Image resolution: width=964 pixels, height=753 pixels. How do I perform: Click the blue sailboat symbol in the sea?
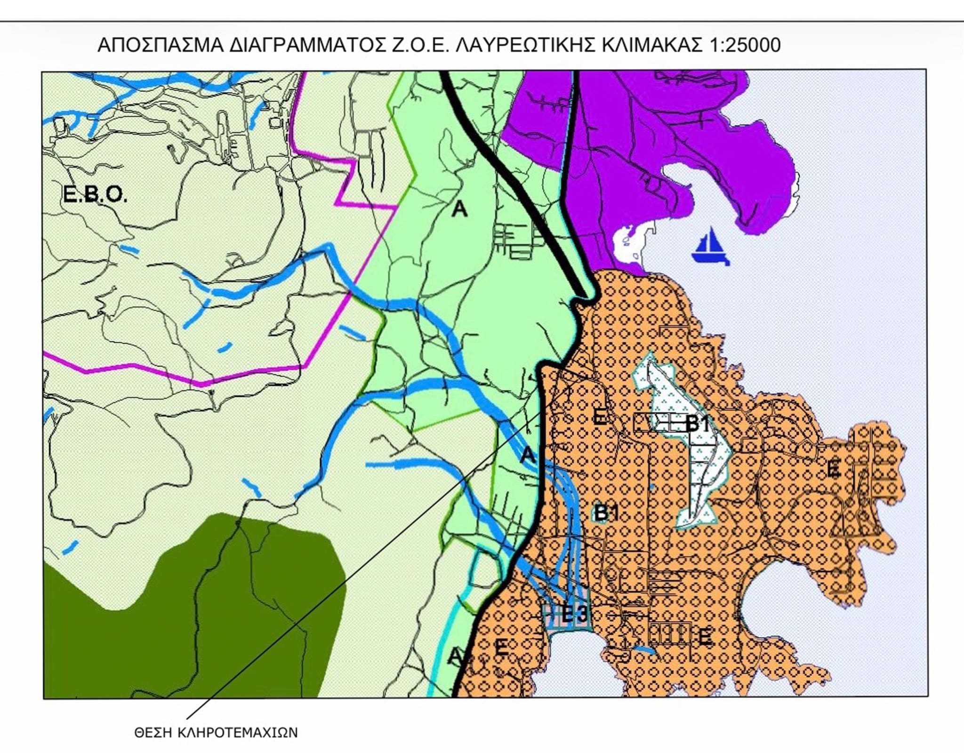point(710,248)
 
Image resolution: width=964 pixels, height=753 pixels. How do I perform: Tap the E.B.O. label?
point(95,194)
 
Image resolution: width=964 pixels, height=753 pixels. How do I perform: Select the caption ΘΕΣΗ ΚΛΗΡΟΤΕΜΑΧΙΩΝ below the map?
point(216,733)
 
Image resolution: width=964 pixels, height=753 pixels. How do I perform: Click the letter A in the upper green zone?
point(459,209)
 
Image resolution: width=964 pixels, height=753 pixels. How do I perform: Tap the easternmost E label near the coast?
point(833,468)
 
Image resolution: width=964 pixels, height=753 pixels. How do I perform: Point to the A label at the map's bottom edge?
point(455,656)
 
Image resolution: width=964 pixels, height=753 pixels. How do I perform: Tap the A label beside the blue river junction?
point(528,455)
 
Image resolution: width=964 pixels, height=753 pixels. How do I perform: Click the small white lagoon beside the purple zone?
point(628,245)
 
